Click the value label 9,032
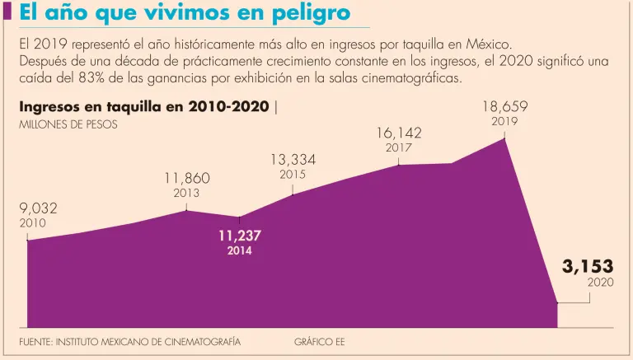tap(38, 208)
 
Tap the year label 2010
tap(32, 223)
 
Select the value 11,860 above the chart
tap(186, 178)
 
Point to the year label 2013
tap(186, 194)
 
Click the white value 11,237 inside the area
tap(240, 236)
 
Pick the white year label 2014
tap(240, 250)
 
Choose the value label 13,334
tap(293, 159)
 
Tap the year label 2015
tap(293, 175)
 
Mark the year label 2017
tap(399, 147)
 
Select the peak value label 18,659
tap(504, 106)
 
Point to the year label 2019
tap(504, 121)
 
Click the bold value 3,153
tap(588, 266)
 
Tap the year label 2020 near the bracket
tap(600, 283)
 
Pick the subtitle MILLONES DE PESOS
tap(68, 125)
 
